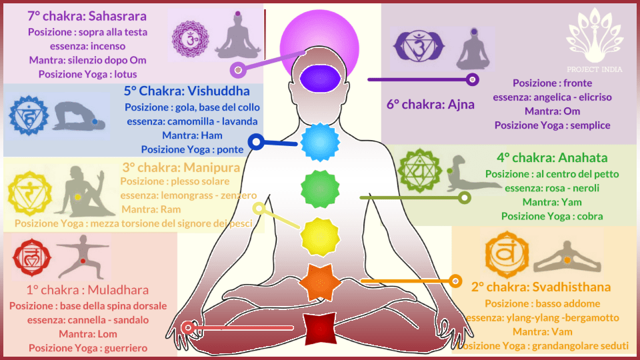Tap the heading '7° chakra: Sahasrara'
[87, 15]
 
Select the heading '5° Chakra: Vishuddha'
[187, 91]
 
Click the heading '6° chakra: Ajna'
[431, 104]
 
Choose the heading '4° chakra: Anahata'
[551, 158]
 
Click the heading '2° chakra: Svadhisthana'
[541, 287]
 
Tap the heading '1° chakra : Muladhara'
[87, 290]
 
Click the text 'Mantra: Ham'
[191, 135]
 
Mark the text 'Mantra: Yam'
[552, 202]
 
